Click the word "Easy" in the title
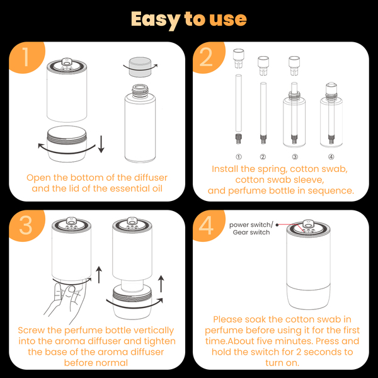click(x=156, y=20)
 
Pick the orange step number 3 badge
click(x=26, y=225)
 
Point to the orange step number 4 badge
click(x=207, y=225)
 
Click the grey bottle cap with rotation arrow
click(x=140, y=67)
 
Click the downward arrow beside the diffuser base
click(x=101, y=144)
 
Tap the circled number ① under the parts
click(x=238, y=157)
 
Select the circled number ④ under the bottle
click(x=331, y=157)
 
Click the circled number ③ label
click(x=295, y=157)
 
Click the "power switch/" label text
click(x=251, y=225)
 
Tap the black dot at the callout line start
click(x=277, y=225)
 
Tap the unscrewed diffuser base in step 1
click(x=67, y=144)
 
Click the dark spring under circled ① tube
click(x=238, y=139)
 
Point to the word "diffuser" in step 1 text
click(x=151, y=178)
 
